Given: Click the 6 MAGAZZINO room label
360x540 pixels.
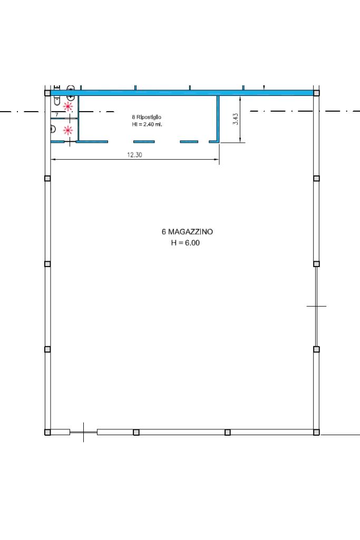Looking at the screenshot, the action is pyautogui.click(x=187, y=232).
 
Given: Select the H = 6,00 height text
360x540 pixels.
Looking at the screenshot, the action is pyautogui.click(x=186, y=243).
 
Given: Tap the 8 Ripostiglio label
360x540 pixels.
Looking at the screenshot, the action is pyautogui.click(x=147, y=117).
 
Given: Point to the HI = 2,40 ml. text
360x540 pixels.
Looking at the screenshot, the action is pyautogui.click(x=147, y=124).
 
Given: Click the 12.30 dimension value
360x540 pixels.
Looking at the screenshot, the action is pyautogui.click(x=134, y=155).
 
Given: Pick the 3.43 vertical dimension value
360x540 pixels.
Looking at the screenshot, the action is pyautogui.click(x=236, y=119).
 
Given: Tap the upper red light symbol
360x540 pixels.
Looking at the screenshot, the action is pyautogui.click(x=68, y=106).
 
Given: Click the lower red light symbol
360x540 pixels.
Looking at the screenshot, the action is pyautogui.click(x=68, y=130).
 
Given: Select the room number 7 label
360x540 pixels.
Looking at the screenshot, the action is pyautogui.click(x=57, y=114).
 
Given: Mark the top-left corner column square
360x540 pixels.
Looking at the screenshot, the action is pyautogui.click(x=47, y=93).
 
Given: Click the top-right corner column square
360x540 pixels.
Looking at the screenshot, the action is pyautogui.click(x=316, y=93).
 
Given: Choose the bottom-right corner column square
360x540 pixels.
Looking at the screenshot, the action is pyautogui.click(x=316, y=432).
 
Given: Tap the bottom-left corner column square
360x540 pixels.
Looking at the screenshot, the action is pyautogui.click(x=47, y=432).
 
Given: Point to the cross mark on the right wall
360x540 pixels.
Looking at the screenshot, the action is pyautogui.click(x=316, y=306).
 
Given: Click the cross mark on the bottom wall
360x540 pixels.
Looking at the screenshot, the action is pyautogui.click(x=83, y=432).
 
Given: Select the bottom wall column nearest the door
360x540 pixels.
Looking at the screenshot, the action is pyautogui.click(x=136, y=432).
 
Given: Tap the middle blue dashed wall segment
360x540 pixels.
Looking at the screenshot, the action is pyautogui.click(x=144, y=142).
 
